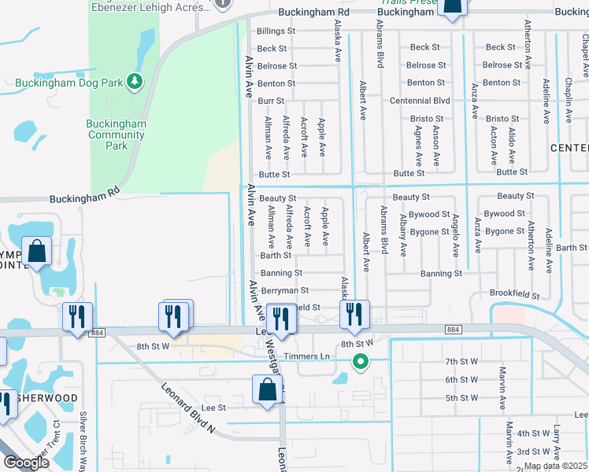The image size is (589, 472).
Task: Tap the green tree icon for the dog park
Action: click(x=135, y=81)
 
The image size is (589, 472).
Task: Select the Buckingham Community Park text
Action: click(x=117, y=135)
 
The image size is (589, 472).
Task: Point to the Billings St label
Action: click(x=276, y=31)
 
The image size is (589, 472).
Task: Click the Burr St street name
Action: click(x=271, y=101)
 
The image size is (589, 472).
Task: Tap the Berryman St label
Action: click(x=284, y=290)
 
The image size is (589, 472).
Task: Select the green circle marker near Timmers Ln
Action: click(x=361, y=362)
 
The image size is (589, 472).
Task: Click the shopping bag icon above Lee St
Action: click(x=267, y=389)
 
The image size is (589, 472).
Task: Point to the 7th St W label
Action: click(x=461, y=361)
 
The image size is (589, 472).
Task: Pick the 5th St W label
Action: click(x=461, y=398)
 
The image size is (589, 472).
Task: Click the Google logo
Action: click(x=27, y=463)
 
